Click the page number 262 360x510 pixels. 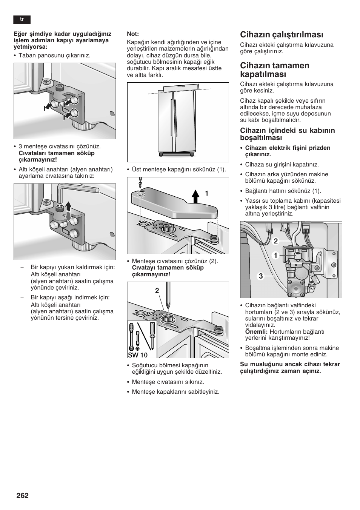coord(22,496)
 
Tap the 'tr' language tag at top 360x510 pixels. coord(22,20)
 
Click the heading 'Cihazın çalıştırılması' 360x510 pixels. coord(282,35)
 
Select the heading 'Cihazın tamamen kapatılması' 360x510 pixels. coord(275,69)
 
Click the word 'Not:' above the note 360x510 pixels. coord(133,34)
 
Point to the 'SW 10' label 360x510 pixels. coord(137,355)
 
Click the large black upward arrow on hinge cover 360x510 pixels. coord(195,196)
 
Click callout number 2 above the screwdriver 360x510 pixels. coord(157,290)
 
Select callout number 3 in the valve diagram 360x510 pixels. coord(260,276)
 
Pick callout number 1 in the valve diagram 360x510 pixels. coord(276,256)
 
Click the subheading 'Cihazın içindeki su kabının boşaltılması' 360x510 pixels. coord(287,134)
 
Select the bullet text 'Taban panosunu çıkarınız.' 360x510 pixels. coord(54,55)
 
